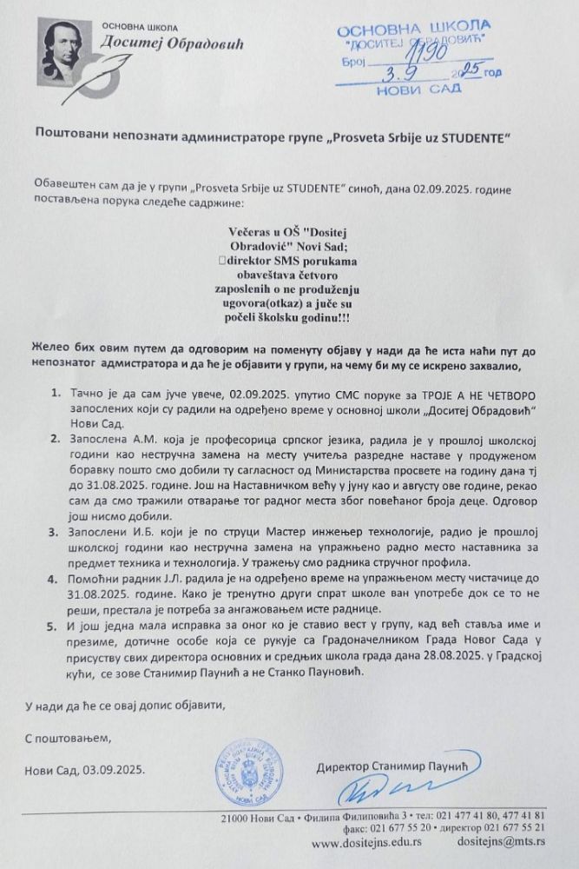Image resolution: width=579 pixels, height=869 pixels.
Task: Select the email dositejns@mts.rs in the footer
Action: pos(505,842)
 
